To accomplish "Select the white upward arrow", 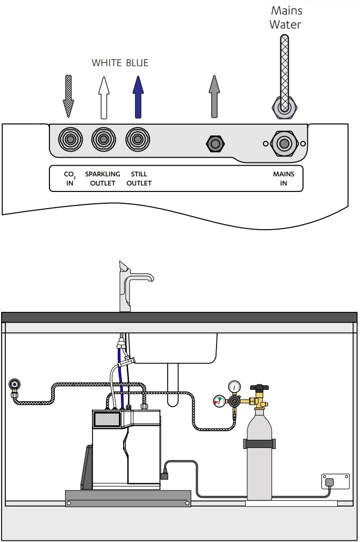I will (103, 97).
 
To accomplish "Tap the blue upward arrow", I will (138, 97).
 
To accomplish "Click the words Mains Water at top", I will (286, 17).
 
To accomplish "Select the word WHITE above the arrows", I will (107, 63).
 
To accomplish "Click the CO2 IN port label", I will (69, 179).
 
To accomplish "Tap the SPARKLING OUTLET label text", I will (103, 179).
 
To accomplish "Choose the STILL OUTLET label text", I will (139, 179).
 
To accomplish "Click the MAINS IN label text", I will (283, 179).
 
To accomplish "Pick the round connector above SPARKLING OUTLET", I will (103, 140).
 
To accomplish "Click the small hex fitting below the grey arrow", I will (215, 144).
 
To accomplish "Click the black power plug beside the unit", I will (164, 475).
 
